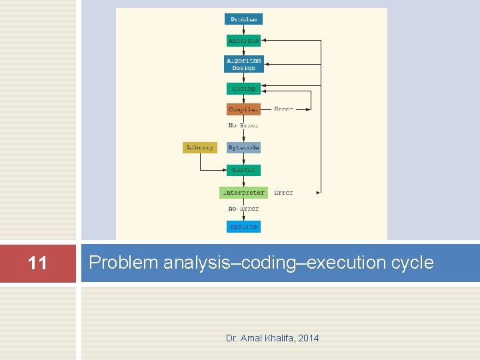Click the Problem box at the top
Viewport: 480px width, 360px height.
243,19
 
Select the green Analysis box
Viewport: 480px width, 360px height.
243,41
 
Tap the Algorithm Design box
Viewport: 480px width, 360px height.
244,64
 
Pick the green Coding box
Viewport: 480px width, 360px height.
243,89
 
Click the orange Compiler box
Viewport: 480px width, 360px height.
243,109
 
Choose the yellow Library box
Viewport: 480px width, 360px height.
200,147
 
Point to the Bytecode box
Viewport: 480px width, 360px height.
243,147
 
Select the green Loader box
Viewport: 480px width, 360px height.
243,170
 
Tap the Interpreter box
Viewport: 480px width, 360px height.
243,193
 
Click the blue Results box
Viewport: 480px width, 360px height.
243,227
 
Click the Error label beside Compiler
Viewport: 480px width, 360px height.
283,109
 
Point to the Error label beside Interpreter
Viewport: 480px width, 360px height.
283,193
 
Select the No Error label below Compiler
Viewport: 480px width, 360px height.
243,125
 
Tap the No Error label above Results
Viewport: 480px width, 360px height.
243,209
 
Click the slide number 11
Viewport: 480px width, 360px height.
38,263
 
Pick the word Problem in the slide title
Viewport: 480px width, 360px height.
120,263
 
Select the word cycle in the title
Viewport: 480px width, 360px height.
415,263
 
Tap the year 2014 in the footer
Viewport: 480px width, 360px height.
309,338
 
